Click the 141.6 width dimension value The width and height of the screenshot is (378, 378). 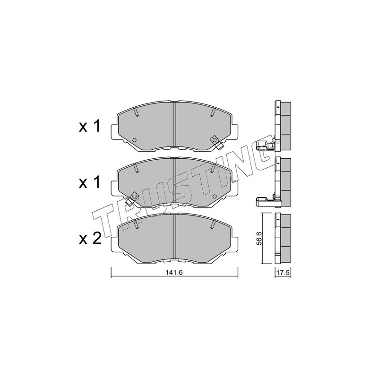click(174, 273)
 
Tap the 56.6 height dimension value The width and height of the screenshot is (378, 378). click(259, 239)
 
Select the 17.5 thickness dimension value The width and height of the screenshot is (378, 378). click(283, 273)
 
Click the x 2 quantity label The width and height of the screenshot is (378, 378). click(90, 240)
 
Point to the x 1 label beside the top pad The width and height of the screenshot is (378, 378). click(89, 126)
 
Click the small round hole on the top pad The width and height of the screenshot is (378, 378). click(135, 140)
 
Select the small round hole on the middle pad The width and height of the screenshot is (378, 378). click(215, 196)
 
